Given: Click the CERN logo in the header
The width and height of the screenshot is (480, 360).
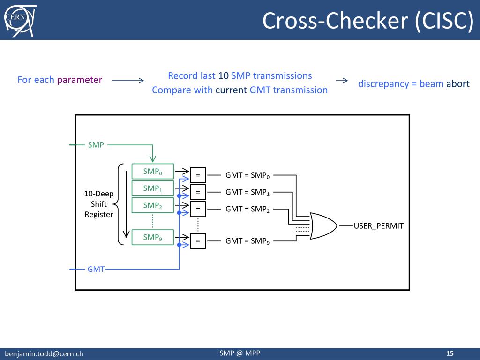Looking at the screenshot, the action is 20,21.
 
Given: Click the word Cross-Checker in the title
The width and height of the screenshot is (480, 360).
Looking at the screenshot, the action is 335,21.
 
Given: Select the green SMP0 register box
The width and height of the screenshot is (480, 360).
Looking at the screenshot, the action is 152,172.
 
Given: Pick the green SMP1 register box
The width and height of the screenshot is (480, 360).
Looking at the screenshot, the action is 152,188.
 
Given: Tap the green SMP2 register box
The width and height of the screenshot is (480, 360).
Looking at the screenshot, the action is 152,205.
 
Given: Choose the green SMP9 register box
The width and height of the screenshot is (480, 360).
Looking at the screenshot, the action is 152,237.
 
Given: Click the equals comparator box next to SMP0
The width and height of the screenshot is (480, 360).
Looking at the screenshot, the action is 198,175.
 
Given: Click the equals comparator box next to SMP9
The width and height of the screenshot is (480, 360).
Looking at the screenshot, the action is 198,241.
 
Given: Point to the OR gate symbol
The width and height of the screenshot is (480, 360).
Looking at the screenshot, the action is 323,226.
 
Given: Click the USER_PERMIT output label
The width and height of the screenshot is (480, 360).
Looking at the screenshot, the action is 379,226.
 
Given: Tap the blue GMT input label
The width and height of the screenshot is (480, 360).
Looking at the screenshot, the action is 96,269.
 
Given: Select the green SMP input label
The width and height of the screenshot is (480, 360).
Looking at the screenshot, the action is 96,144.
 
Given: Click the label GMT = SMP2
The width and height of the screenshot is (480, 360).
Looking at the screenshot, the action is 247,209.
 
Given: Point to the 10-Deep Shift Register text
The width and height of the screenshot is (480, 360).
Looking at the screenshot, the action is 99,204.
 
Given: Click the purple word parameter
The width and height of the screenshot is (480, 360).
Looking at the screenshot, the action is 80,80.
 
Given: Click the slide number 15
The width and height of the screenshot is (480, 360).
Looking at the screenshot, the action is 450,353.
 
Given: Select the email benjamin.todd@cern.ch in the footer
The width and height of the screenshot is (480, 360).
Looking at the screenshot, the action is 44,353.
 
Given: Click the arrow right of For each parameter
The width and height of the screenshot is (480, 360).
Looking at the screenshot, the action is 128,81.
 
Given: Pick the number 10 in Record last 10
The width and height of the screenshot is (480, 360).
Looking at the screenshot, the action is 223,75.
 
